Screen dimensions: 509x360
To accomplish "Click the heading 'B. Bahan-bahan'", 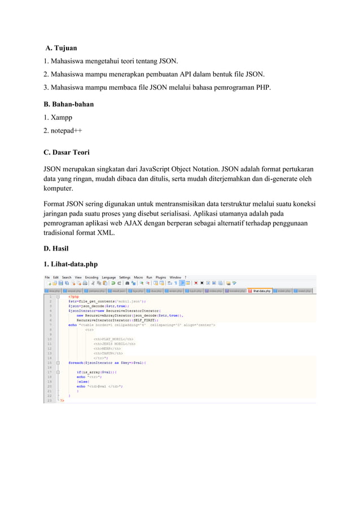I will pos(69,104).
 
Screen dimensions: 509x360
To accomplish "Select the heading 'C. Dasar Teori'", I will pos(67,152).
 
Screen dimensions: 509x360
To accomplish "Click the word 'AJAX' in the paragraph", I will pos(160,223).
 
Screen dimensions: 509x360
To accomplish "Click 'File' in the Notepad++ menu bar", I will pos(48,278).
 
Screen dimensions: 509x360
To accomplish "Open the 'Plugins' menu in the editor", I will pos(161,278).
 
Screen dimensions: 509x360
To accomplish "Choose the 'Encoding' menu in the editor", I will pos(91,278).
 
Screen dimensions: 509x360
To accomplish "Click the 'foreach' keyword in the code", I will pos(76,362).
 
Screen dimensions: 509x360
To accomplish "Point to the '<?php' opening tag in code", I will pos(73,297).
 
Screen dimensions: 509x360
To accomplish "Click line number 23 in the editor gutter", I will pos(51,401).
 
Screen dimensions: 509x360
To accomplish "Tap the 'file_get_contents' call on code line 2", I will pos(94,301).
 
